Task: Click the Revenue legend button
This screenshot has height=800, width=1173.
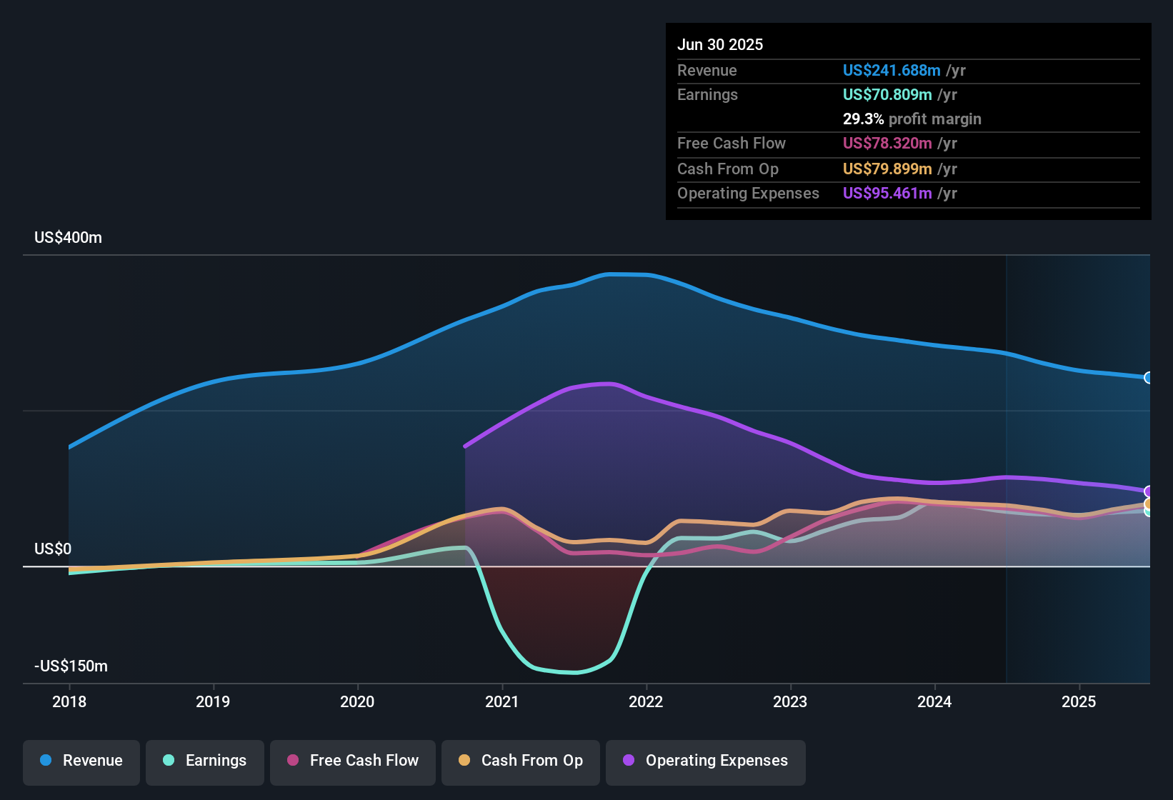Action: (x=81, y=761)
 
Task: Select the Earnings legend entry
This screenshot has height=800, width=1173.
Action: (x=205, y=761)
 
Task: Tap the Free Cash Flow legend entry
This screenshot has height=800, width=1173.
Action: (x=353, y=761)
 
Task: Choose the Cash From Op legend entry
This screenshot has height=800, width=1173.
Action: (x=521, y=761)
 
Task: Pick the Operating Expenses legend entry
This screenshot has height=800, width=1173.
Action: (x=706, y=761)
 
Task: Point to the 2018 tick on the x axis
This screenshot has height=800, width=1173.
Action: (x=69, y=701)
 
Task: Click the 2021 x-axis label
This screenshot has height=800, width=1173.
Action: (x=501, y=701)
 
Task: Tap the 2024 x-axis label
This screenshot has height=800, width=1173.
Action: (x=934, y=701)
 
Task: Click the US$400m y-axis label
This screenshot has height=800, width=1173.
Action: (x=68, y=238)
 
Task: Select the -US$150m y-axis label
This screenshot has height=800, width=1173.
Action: (x=71, y=666)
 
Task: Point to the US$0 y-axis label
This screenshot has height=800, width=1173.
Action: (x=53, y=549)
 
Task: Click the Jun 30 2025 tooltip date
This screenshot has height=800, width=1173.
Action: (x=720, y=45)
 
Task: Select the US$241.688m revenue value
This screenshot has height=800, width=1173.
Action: (x=891, y=71)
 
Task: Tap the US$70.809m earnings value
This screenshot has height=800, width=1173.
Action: (x=887, y=95)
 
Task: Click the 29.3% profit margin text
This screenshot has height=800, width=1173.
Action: (x=912, y=119)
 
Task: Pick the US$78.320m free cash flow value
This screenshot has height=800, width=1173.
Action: (x=887, y=144)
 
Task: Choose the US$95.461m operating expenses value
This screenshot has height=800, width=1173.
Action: (x=887, y=194)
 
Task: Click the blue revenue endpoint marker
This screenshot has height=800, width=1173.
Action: (x=1148, y=378)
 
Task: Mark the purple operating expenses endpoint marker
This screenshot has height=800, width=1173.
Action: (x=1148, y=491)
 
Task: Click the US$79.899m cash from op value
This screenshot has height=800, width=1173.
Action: (x=887, y=169)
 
